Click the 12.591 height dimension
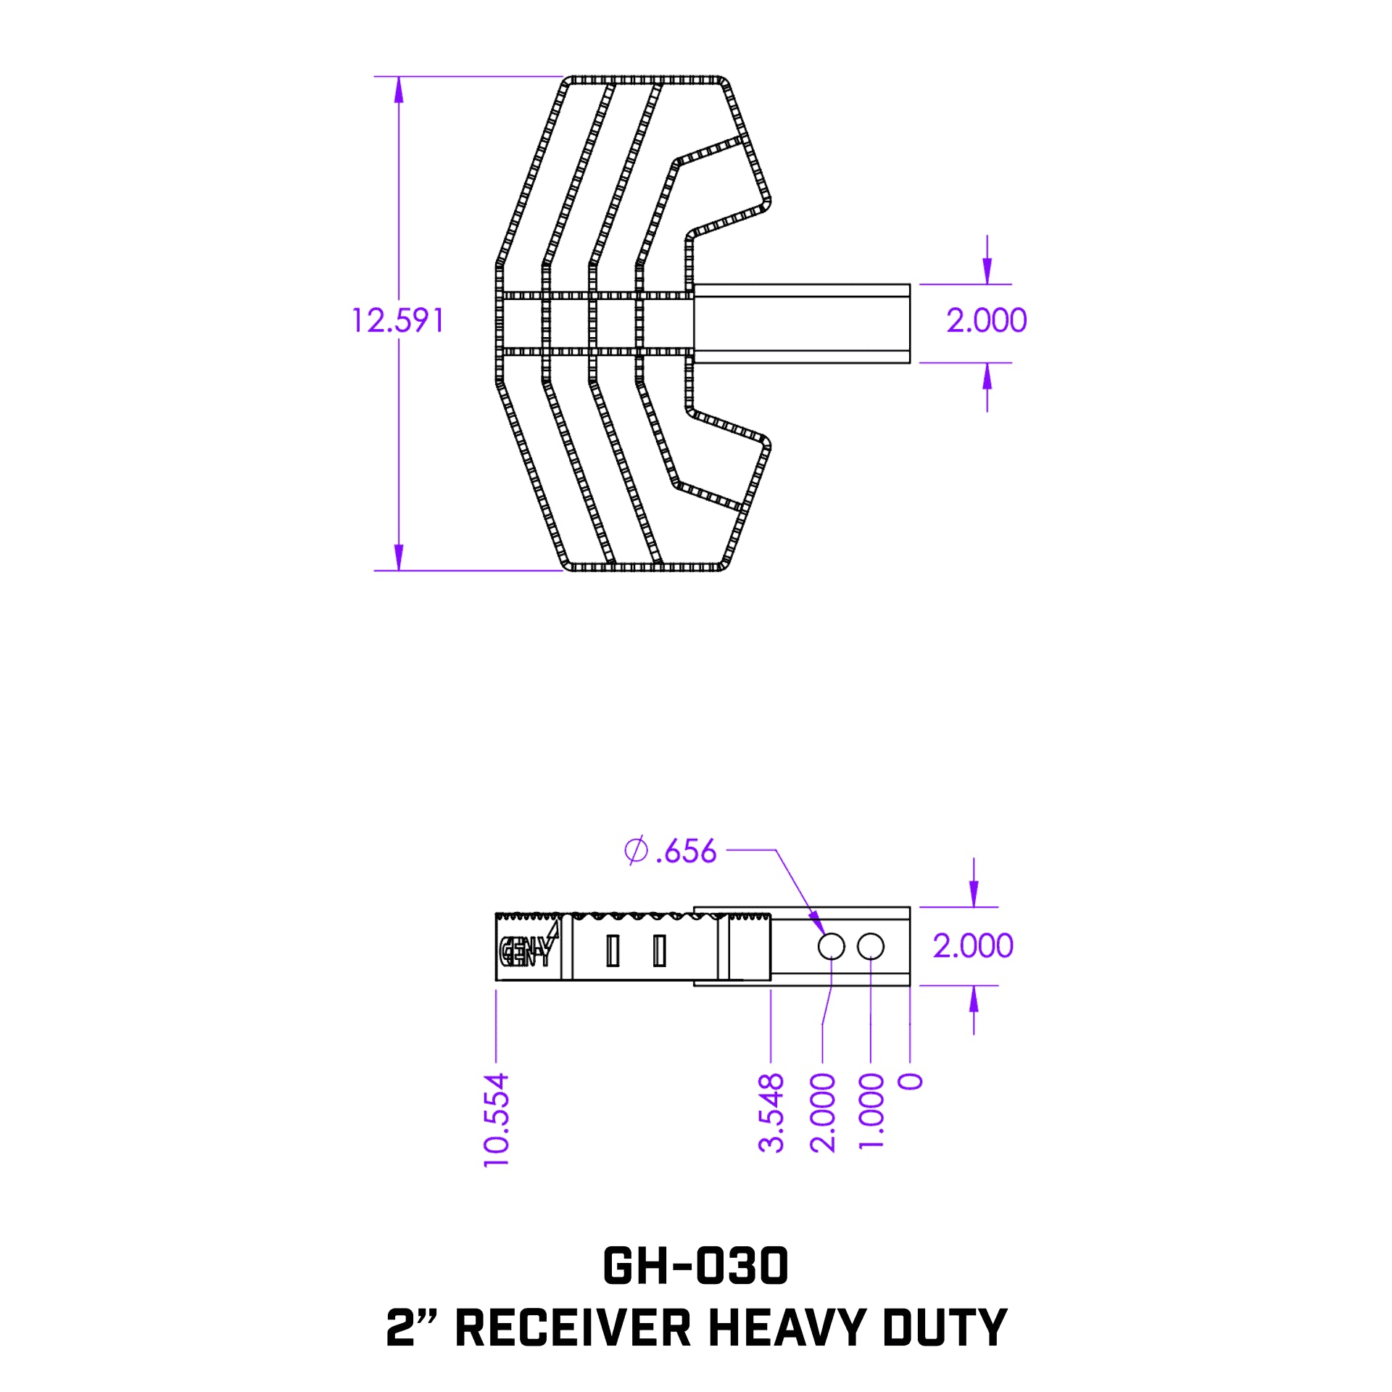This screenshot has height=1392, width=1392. [397, 320]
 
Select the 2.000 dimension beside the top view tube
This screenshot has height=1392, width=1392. [986, 320]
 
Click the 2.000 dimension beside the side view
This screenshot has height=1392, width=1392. [972, 946]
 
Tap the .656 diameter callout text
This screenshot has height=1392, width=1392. [686, 851]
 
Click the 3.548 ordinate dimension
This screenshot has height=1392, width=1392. [771, 1114]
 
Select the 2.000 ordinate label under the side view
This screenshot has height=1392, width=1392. [823, 1114]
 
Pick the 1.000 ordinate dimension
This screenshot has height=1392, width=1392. [871, 1111]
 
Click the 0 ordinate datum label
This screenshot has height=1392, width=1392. [911, 1082]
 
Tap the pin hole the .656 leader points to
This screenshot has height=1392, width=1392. [831, 946]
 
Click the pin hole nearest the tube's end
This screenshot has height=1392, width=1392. [870, 946]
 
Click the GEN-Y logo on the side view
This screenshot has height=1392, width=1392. [528, 950]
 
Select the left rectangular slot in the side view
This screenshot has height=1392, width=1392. [613, 950]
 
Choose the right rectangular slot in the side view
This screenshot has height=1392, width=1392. [659, 950]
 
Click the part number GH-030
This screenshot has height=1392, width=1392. [695, 1267]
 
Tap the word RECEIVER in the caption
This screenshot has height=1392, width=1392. [573, 1328]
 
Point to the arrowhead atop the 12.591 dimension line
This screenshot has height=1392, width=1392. [398, 90]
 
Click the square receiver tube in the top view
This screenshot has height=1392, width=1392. [801, 323]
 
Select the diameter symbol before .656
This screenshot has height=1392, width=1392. [635, 850]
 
